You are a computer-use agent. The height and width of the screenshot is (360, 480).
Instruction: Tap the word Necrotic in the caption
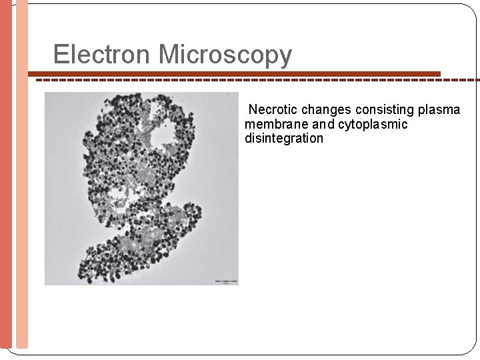click(x=273, y=109)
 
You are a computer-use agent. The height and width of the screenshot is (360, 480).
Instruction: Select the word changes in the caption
click(x=327, y=109)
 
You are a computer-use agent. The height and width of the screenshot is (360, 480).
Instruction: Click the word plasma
click(x=440, y=109)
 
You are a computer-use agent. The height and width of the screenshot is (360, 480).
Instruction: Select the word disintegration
click(x=284, y=139)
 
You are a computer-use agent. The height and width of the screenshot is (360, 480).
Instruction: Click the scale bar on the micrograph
click(x=225, y=281)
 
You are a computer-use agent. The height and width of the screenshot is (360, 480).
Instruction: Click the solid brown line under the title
click(x=233, y=73)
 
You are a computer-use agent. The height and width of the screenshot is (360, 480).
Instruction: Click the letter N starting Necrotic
click(x=253, y=109)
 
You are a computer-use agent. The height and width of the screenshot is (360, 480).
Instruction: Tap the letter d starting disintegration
click(x=249, y=139)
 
